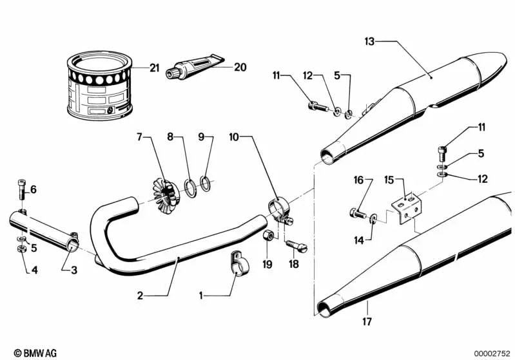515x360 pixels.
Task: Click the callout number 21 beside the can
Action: pos(153,68)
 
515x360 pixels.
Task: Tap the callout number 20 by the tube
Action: pos(240,67)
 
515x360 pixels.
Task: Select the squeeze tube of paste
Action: pos(194,66)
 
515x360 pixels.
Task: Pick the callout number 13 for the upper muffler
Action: pos(369,42)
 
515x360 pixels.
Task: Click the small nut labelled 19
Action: pos(266,241)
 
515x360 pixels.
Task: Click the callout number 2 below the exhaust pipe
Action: pos(139,296)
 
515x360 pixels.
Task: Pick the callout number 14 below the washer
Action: pos(358,240)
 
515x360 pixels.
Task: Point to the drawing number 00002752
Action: pos(492,353)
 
